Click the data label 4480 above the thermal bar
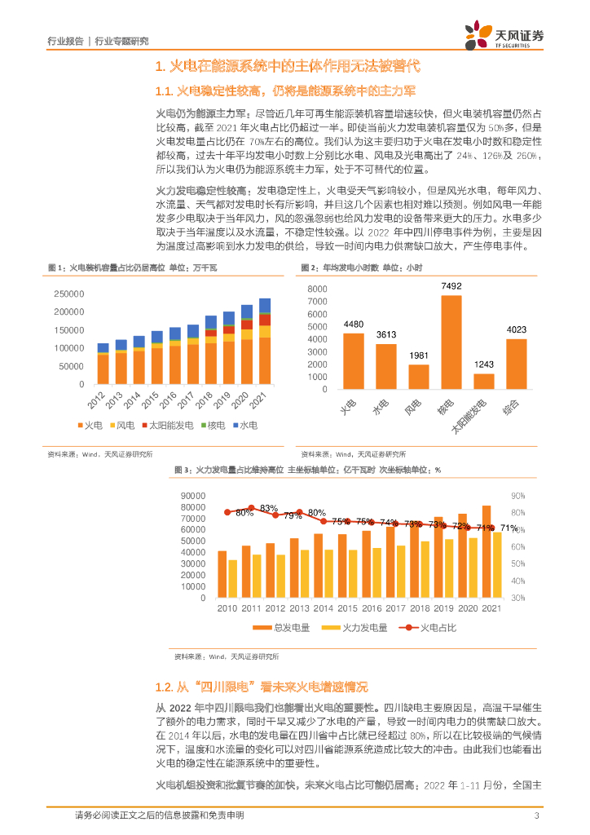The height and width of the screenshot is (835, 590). pyautogui.click(x=354, y=325)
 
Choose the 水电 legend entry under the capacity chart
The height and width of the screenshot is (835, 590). pyautogui.click(x=245, y=426)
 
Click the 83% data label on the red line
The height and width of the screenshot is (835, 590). pyautogui.click(x=269, y=508)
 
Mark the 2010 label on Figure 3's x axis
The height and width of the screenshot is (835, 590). pyautogui.click(x=227, y=609)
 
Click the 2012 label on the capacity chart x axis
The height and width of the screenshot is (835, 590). pyautogui.click(x=99, y=400)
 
